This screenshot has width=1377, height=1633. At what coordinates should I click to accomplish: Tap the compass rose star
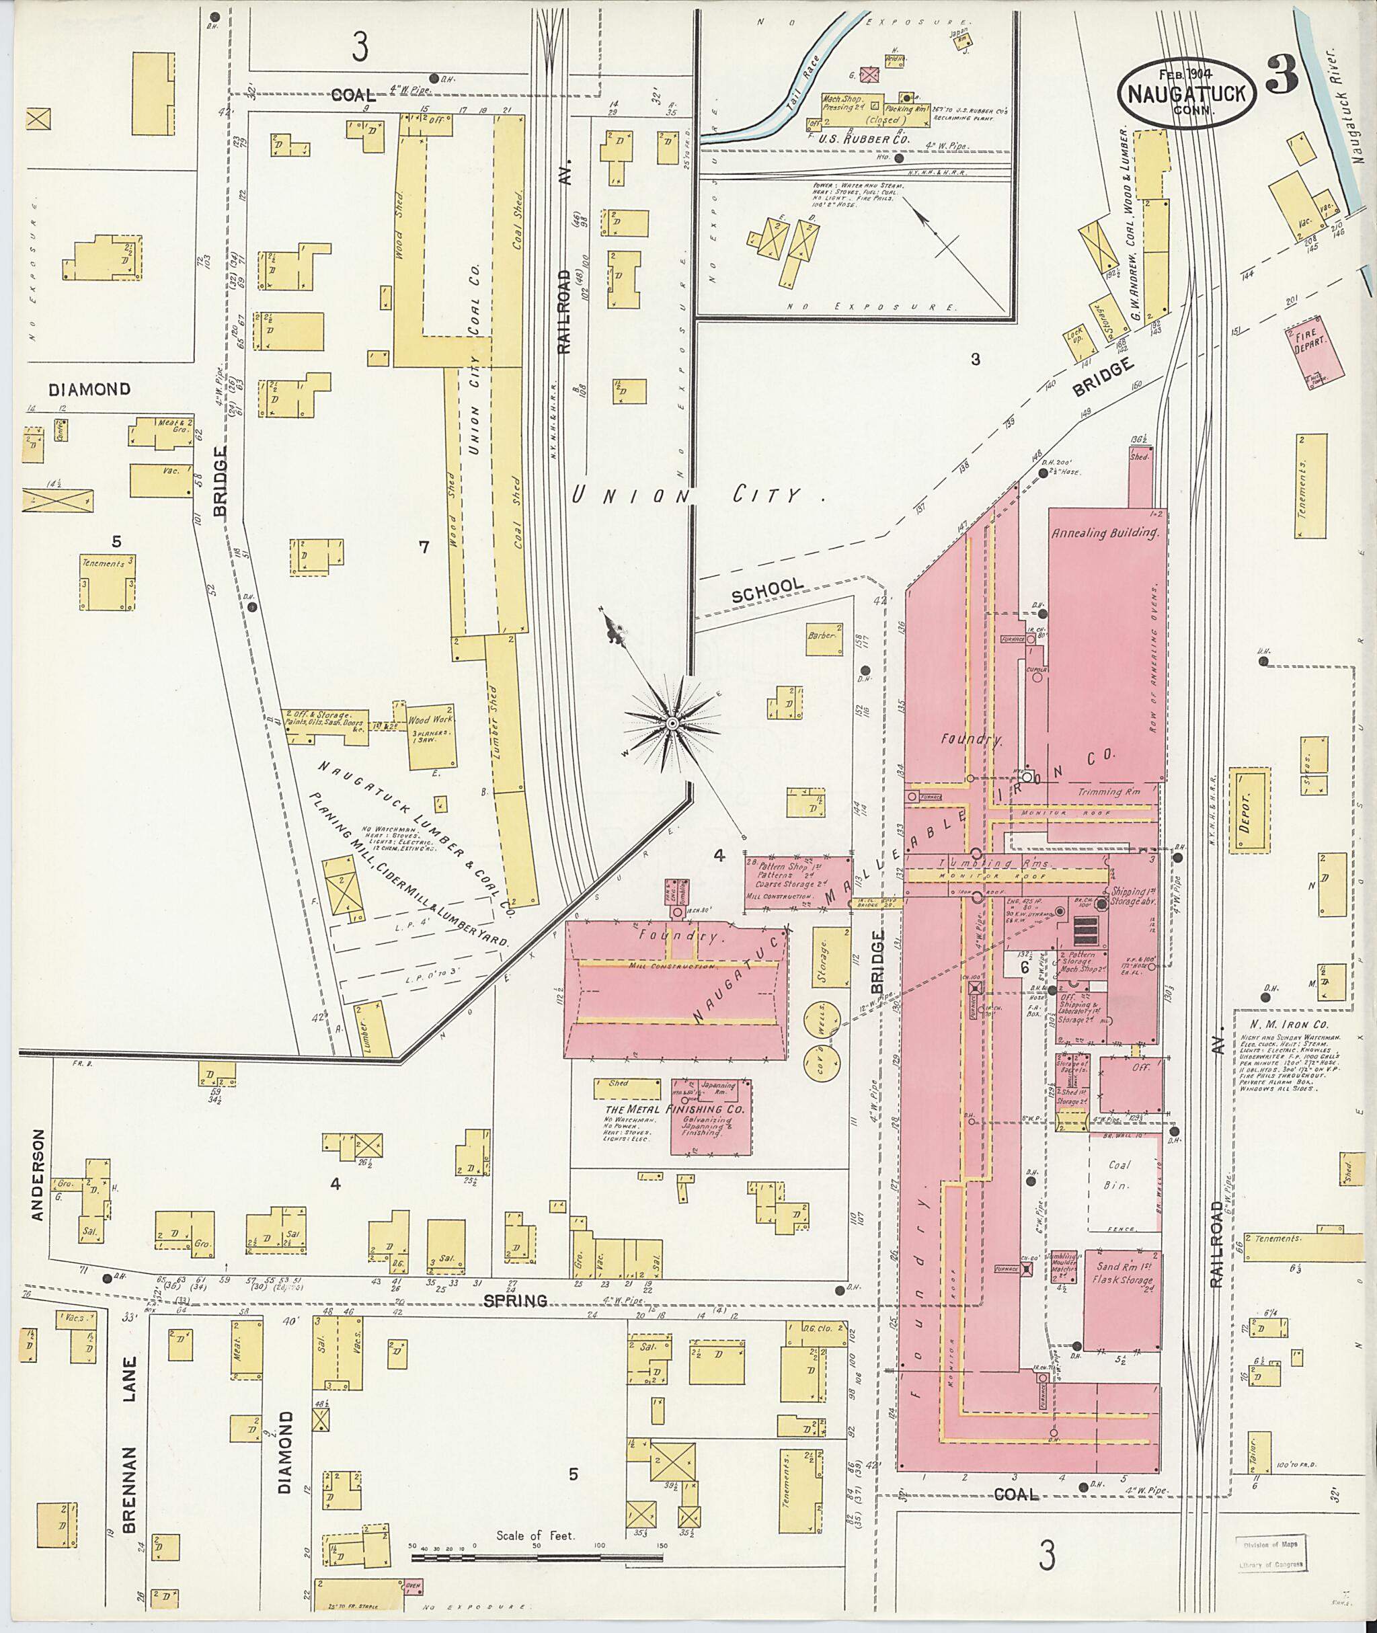[671, 724]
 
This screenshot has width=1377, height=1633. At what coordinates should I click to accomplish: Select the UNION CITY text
[687, 495]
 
